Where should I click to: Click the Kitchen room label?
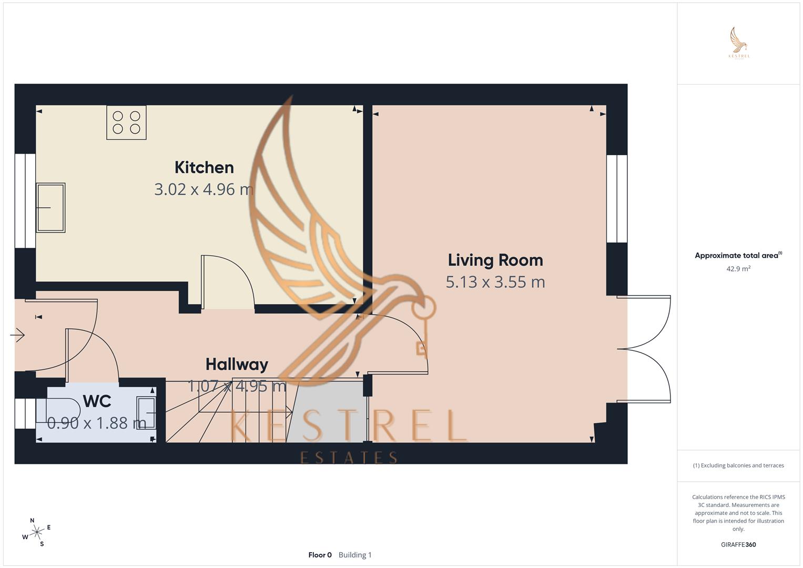[204, 167]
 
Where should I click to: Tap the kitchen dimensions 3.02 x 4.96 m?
[204, 189]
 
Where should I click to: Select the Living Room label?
[495, 260]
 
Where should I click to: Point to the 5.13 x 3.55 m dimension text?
[495, 282]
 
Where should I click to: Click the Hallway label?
[237, 364]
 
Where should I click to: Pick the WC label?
[97, 401]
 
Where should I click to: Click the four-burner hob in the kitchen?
[126, 123]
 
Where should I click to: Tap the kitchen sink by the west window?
[50, 208]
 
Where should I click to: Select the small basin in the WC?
[146, 413]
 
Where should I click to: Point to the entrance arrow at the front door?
[18, 335]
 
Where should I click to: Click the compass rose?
[36, 533]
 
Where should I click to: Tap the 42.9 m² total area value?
[738, 269]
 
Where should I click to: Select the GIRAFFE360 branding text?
[738, 544]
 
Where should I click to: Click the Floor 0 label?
[320, 555]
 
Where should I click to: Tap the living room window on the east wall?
[617, 198]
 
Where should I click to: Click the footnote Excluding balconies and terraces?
[738, 465]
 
